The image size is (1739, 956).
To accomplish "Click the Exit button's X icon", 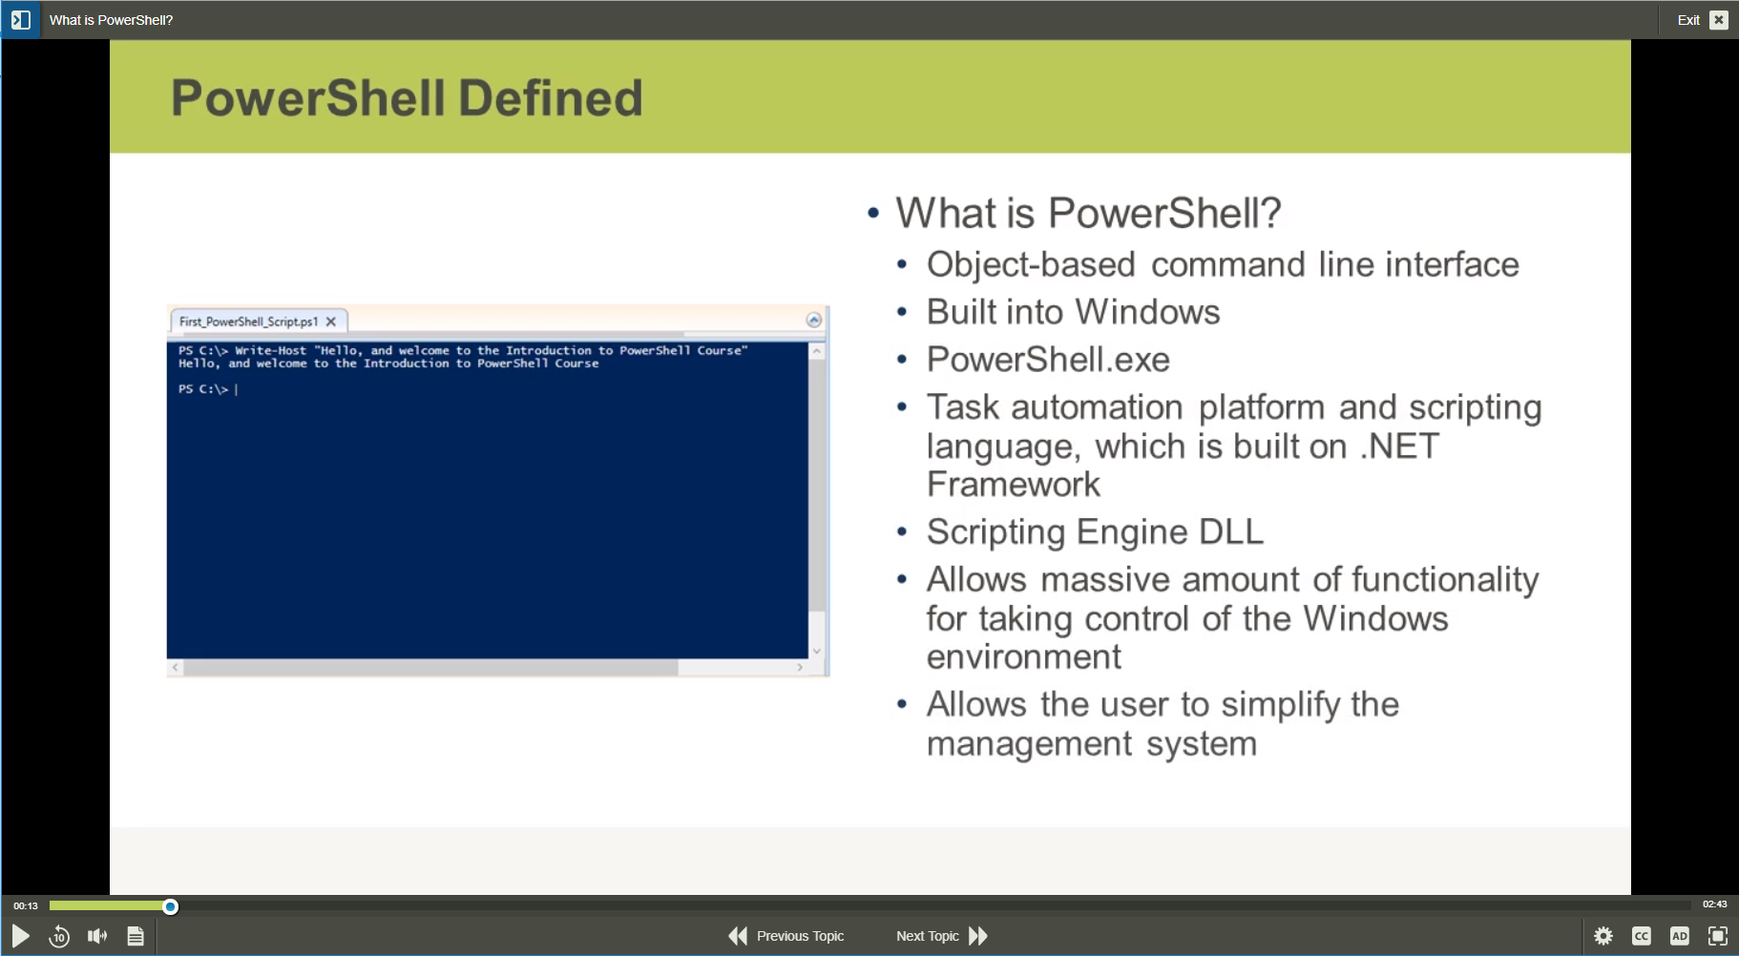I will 1718,20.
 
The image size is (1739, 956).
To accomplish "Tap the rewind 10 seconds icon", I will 59,936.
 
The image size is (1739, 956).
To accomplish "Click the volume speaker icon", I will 97,936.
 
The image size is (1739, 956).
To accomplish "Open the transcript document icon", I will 136,936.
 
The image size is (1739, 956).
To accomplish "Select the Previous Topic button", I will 786,936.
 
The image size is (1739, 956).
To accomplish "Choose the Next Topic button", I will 941,936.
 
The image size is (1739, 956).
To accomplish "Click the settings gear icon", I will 1603,936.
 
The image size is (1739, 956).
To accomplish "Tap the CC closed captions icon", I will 1642,936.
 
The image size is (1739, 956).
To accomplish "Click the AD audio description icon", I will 1680,936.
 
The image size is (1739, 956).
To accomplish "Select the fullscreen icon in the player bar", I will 1718,936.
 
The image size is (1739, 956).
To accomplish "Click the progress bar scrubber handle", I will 170,906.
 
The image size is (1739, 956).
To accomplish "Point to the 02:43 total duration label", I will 1714,904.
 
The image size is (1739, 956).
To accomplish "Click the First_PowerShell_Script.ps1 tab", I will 248,322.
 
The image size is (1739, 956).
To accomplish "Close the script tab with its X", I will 331,322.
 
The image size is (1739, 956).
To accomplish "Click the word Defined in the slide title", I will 551,98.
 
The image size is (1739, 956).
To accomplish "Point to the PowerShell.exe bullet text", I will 1048,360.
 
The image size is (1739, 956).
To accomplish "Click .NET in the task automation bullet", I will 1399,447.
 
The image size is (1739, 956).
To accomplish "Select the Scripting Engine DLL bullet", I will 1095,532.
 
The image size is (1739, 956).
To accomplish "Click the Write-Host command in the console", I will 270,351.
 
